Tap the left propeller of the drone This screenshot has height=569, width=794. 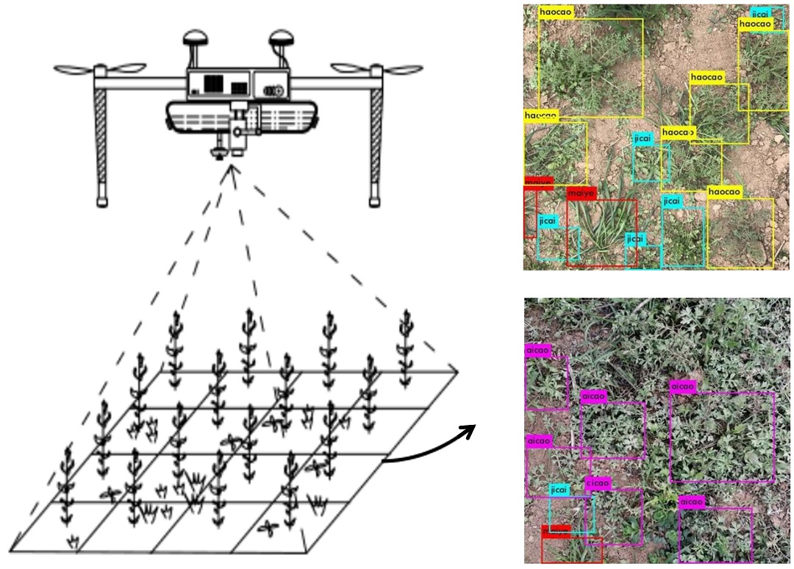pos(100,69)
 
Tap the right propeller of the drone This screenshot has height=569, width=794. pos(376,69)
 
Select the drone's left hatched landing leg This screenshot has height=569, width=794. pos(100,140)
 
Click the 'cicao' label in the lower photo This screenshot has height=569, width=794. pos(598,483)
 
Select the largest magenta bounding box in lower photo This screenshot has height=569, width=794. pos(723,437)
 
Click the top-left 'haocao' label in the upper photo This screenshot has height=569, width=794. pos(556,12)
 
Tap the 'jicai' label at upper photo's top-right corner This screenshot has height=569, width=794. pos(762,14)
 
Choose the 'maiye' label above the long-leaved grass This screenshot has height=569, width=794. pos(581,193)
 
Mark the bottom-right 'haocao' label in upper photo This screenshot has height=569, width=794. pos(725,192)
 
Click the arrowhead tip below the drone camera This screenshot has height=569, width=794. pos(232,168)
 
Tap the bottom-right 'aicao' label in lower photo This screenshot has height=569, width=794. pos(692,502)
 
